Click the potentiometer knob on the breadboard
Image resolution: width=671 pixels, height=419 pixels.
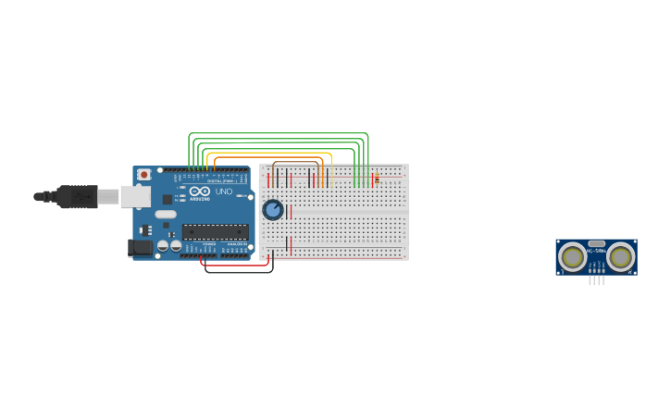(x=273, y=210)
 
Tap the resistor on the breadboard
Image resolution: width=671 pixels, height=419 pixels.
(x=377, y=178)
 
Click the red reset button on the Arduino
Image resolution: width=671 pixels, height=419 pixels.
(x=143, y=174)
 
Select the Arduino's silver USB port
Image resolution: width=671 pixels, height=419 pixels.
(x=135, y=196)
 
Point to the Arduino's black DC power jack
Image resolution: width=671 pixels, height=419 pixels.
(x=140, y=247)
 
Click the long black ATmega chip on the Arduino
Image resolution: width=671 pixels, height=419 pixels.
(x=215, y=231)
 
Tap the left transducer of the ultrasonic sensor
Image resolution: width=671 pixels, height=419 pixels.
(x=573, y=256)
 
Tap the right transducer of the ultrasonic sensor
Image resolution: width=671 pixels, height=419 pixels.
(x=620, y=256)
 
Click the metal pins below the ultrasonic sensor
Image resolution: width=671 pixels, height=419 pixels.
(x=597, y=279)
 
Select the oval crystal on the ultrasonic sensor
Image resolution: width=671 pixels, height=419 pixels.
(x=597, y=244)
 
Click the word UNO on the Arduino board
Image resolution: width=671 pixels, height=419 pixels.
(x=224, y=191)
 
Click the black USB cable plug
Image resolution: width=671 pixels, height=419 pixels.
(x=78, y=196)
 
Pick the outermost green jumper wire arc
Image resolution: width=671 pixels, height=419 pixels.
(x=278, y=133)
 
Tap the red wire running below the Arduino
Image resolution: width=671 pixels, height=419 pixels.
(x=236, y=265)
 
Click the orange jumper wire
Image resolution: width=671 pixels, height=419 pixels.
(x=268, y=158)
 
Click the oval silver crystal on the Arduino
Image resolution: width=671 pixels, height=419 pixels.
(x=166, y=215)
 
